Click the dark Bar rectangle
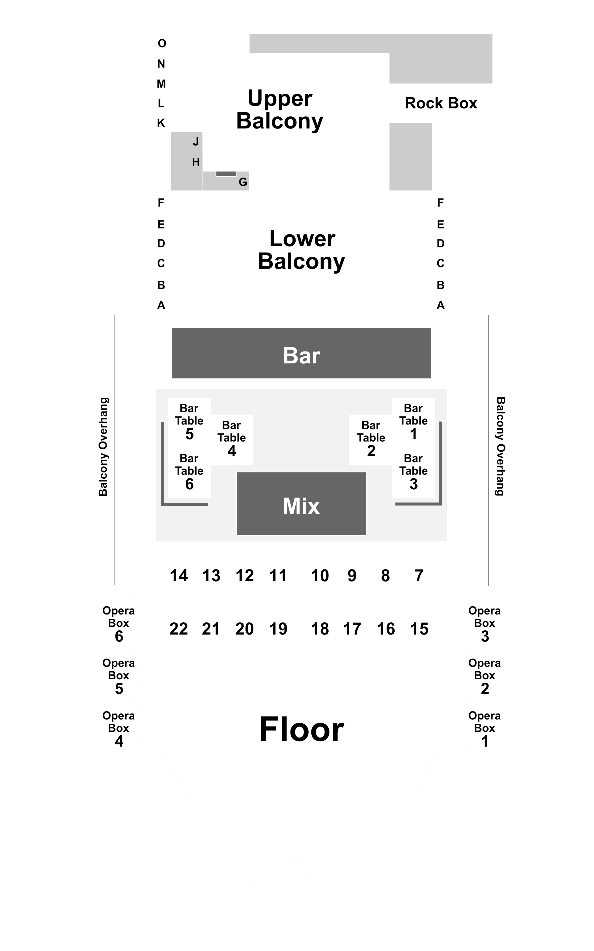(x=301, y=353)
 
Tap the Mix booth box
(x=301, y=504)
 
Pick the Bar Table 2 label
(x=371, y=438)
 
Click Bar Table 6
(x=189, y=472)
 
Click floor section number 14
(x=179, y=576)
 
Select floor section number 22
(x=179, y=629)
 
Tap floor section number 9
(x=352, y=576)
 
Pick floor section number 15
(x=419, y=629)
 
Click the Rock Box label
(x=441, y=103)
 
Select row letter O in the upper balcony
(x=162, y=43)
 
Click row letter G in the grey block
(x=243, y=182)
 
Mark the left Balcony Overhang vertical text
(x=103, y=447)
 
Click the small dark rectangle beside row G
(x=226, y=174)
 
